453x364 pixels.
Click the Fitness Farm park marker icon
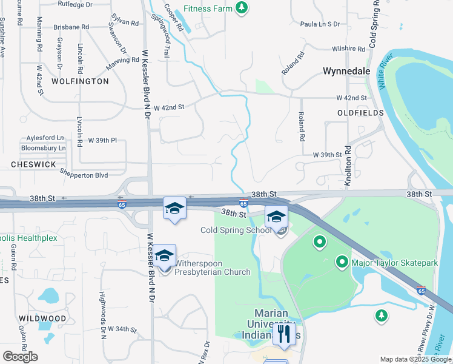[242, 7]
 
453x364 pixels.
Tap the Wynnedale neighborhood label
[346, 71]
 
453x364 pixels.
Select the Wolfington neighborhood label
[80, 81]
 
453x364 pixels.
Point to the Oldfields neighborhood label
[360, 113]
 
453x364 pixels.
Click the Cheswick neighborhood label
[33, 164]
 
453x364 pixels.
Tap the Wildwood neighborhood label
[42, 318]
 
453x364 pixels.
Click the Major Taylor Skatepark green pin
[342, 262]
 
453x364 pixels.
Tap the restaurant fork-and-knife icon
[283, 333]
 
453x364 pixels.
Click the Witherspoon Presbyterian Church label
[212, 268]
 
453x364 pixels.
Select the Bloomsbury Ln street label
[44, 147]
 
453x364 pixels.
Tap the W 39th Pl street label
[102, 140]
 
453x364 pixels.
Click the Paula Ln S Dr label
[320, 24]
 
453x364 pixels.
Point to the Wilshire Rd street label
[347, 49]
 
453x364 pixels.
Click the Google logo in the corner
[20, 356]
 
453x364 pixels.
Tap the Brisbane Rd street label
[71, 27]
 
